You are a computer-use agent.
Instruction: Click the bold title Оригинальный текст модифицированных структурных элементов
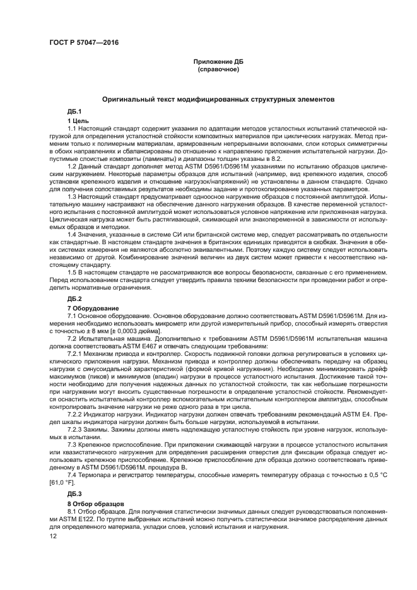click(x=218, y=100)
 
